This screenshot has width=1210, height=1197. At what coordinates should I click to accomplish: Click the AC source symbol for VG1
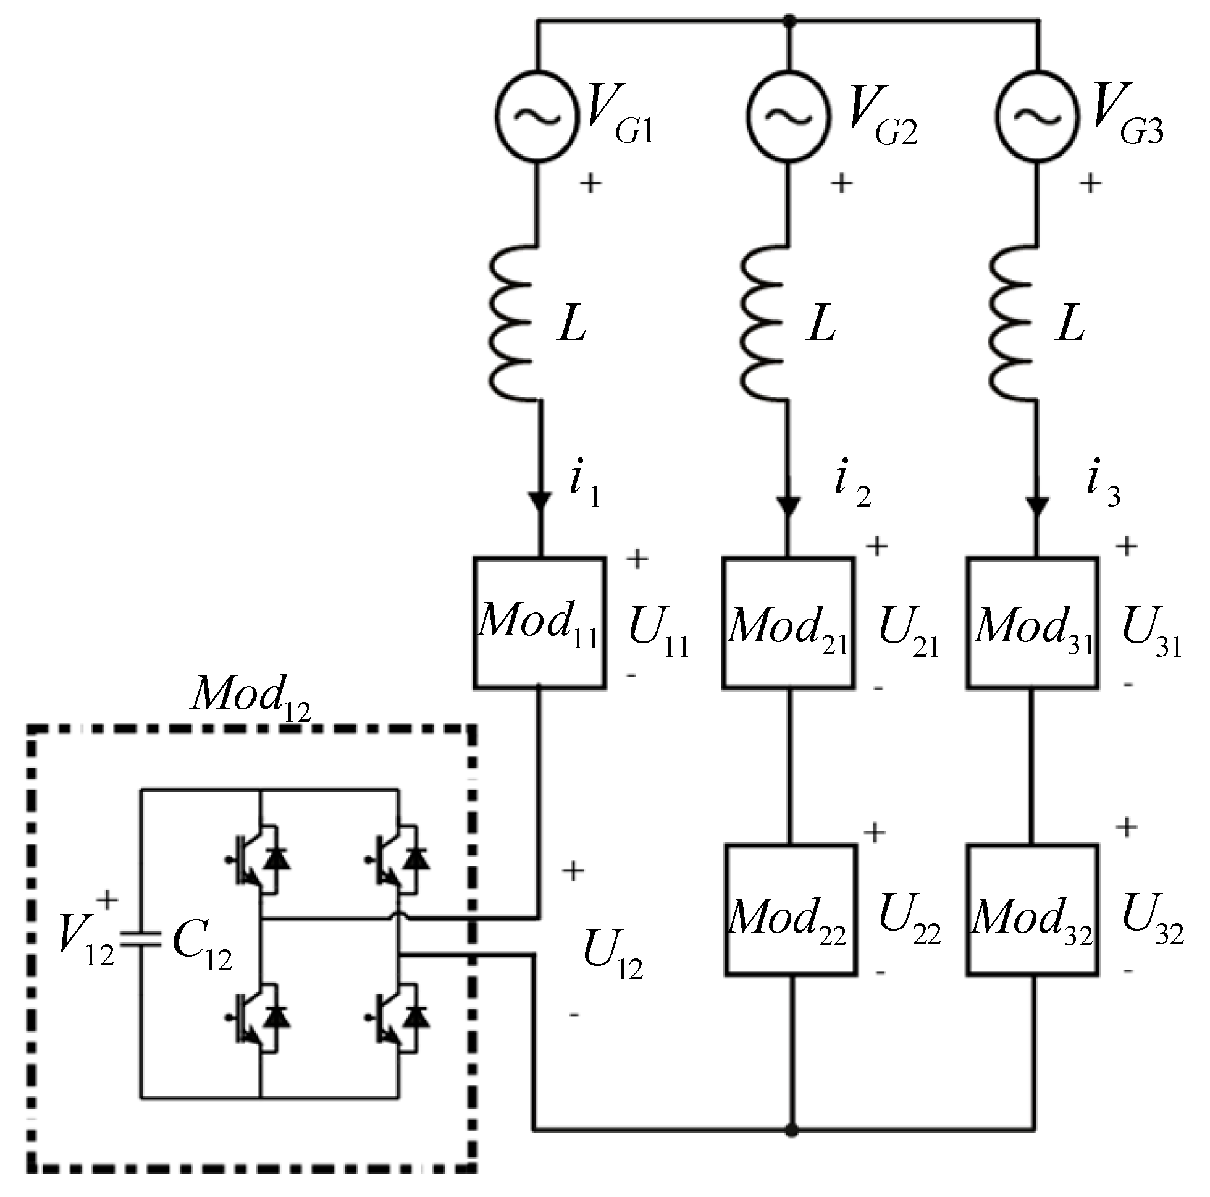(x=537, y=117)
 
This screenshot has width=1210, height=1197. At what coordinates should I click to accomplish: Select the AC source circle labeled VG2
(x=789, y=117)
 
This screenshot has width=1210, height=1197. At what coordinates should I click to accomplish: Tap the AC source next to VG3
(x=1037, y=117)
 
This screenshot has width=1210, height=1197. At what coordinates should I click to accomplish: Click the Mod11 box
(x=539, y=622)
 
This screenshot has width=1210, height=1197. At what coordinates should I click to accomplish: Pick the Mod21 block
(x=789, y=622)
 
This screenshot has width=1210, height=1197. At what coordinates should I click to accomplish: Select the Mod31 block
(x=1033, y=622)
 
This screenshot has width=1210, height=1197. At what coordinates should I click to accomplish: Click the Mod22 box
(x=791, y=910)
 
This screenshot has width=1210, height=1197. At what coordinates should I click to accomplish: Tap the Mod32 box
(x=1033, y=910)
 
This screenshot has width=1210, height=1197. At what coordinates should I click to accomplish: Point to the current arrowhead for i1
(x=539, y=501)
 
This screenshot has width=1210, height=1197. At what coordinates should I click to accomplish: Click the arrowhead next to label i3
(x=1037, y=505)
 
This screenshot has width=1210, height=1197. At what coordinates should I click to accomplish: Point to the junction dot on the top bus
(x=789, y=21)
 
